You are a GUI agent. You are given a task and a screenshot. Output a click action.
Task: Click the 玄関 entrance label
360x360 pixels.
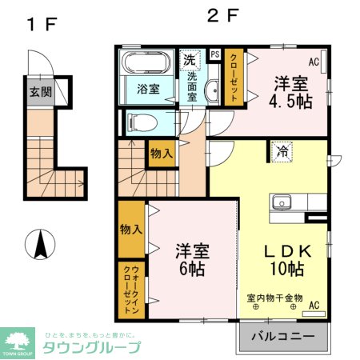tap(41, 91)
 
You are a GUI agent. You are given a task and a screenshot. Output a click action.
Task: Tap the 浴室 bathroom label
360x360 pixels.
tap(147, 88)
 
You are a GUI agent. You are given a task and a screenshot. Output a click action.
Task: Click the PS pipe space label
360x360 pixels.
tap(214, 54)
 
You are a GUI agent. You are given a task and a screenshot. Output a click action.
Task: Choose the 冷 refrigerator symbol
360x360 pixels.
tap(282, 150)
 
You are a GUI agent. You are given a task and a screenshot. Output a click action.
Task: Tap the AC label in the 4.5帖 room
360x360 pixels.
tap(314, 62)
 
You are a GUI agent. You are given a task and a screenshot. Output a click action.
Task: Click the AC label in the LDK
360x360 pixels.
tap(314, 305)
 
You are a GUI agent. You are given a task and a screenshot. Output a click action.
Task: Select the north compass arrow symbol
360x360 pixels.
tap(38, 244)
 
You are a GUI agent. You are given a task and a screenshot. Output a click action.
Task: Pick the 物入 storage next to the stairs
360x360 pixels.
tap(160, 153)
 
